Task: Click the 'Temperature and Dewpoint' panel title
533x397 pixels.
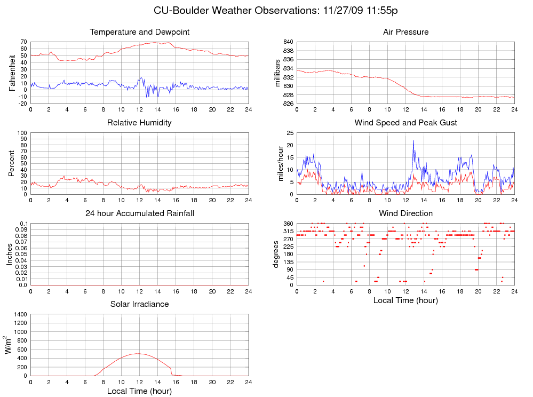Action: [x=139, y=32]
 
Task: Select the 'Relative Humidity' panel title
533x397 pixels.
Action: [x=139, y=123]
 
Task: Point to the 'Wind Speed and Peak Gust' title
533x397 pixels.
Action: [x=405, y=123]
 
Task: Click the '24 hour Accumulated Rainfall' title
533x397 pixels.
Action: [x=139, y=213]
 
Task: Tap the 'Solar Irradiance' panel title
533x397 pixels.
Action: [x=139, y=304]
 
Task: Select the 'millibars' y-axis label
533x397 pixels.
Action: [x=277, y=73]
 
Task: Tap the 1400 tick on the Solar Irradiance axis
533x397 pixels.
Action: [x=19, y=314]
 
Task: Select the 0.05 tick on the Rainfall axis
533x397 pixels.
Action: [x=19, y=254]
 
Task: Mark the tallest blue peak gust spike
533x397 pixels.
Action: [x=413, y=140]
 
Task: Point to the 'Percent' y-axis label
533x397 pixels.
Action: [x=12, y=163]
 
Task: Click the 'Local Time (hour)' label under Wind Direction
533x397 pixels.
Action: [x=405, y=300]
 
